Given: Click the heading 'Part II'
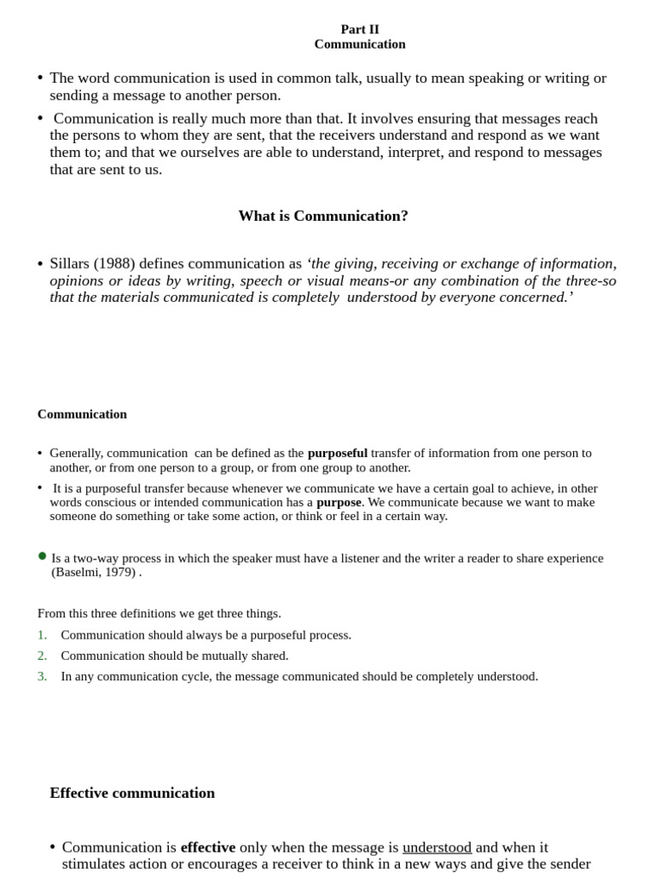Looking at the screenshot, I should click(360, 29).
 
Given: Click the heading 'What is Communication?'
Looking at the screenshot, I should click(323, 216).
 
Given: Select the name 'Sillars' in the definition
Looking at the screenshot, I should click(69, 263).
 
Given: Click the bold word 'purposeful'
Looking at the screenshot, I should click(337, 453).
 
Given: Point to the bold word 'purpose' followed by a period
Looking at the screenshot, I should click(339, 502).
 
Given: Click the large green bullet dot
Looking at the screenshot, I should click(43, 556).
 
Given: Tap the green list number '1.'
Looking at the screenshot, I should click(43, 635).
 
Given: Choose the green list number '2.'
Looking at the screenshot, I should click(43, 656).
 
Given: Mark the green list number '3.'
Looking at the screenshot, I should click(43, 676).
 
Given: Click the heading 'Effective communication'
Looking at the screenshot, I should click(132, 793).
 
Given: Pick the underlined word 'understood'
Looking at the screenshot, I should click(437, 847).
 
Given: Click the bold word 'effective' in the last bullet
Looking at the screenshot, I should click(208, 847).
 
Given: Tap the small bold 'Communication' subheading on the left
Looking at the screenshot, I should click(82, 414).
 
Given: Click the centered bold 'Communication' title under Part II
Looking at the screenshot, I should click(360, 44).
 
